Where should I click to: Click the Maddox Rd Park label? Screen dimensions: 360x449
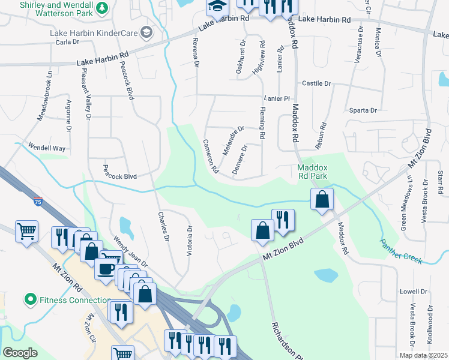click(x=313, y=172)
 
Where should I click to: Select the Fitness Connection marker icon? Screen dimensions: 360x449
click(x=30, y=299)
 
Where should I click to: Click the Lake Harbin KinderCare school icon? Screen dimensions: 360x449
click(x=145, y=31)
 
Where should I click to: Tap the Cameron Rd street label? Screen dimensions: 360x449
click(x=210, y=157)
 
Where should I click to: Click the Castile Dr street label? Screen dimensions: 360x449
click(x=316, y=83)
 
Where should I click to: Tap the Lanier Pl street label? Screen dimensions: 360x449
click(x=277, y=98)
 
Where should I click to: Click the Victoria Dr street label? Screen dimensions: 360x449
click(x=189, y=241)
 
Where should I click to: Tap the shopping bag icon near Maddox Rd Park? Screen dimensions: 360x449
click(x=322, y=199)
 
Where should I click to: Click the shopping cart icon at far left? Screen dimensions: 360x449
click(x=26, y=231)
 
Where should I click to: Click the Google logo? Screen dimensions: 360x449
click(x=20, y=353)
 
